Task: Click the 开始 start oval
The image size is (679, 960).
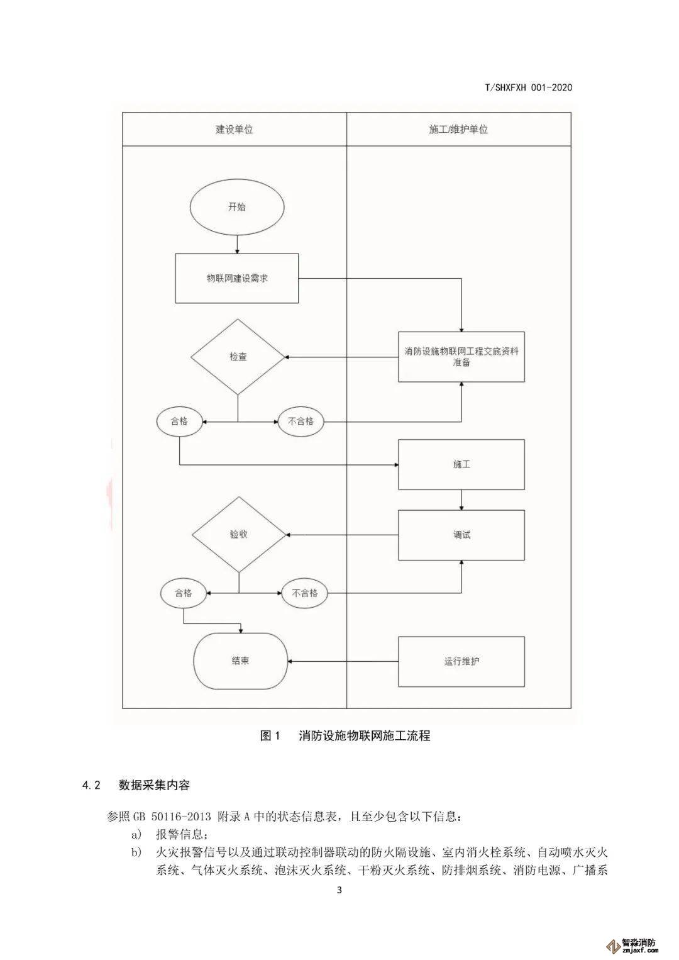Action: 237,207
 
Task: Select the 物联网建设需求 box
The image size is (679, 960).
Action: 237,278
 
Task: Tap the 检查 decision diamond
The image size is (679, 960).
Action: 238,357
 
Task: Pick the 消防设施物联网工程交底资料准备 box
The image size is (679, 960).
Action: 461,357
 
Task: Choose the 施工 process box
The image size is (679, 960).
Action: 461,464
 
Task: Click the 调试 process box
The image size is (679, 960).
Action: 461,535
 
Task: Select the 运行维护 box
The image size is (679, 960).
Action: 461,661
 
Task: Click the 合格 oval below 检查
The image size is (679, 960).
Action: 180,421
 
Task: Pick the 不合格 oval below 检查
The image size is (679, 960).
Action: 301,421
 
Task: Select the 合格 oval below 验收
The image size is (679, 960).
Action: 183,593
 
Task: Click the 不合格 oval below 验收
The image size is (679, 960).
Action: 304,593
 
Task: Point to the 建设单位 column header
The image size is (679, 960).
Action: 234,130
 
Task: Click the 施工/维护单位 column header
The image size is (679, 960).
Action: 458,130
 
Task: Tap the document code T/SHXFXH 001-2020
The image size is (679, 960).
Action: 528,88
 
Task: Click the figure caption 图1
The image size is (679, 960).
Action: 270,735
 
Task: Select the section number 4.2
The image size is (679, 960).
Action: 91,784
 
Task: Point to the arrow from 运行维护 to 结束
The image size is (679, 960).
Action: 343,661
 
